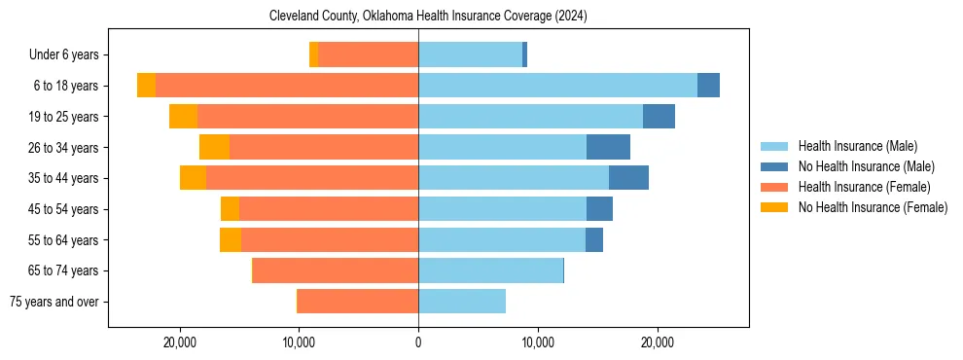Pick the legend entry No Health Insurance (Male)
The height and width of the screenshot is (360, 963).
(866, 166)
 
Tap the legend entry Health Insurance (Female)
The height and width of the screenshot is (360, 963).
(864, 187)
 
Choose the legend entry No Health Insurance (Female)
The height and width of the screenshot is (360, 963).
(873, 207)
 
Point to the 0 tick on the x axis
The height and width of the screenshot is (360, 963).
(418, 342)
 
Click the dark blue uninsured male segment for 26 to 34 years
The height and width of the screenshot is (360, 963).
(608, 147)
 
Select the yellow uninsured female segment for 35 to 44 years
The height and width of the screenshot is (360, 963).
(193, 178)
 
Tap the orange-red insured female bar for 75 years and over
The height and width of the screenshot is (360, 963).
(358, 302)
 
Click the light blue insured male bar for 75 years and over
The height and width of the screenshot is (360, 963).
(462, 302)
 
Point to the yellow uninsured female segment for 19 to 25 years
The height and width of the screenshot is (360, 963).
(183, 117)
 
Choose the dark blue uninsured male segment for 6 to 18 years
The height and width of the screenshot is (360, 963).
(708, 86)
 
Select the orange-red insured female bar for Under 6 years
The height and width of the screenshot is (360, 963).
(368, 54)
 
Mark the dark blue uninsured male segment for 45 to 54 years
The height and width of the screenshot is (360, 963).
(599, 209)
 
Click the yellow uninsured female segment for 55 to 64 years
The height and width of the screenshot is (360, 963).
(231, 239)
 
